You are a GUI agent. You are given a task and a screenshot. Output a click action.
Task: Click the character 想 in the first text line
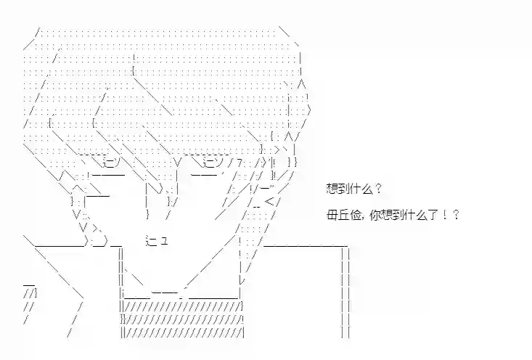(x=332, y=188)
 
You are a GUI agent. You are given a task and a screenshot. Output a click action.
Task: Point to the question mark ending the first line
(x=378, y=188)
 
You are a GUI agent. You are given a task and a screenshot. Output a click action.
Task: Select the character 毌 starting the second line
(x=332, y=215)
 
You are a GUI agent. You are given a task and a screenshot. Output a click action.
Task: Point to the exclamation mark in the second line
(x=444, y=215)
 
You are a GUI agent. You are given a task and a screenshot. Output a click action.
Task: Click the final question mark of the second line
(x=455, y=215)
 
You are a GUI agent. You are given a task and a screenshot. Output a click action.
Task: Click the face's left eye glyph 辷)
(x=111, y=163)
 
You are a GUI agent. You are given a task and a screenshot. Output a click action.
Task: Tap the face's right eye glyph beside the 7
(x=213, y=163)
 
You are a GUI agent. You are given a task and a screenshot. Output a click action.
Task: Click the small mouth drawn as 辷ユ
(x=157, y=241)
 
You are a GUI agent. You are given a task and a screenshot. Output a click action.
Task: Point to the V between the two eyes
(x=178, y=163)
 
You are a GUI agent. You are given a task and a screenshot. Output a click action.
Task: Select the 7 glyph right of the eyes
(x=240, y=163)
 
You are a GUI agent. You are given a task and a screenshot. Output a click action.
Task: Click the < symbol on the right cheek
(x=271, y=202)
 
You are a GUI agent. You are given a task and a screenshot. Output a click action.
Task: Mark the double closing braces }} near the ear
(x=292, y=162)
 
